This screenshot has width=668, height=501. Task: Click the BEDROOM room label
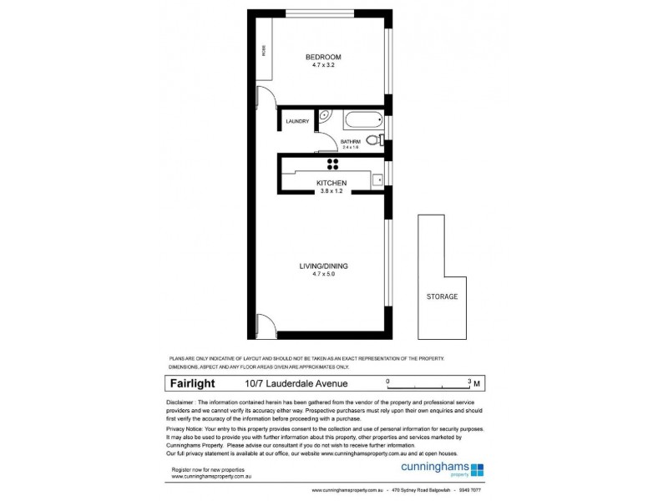(x=322, y=58)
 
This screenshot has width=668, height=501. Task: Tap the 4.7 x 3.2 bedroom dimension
(x=322, y=66)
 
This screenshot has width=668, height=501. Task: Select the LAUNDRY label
(x=297, y=122)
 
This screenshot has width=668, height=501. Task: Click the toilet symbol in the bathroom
(x=372, y=141)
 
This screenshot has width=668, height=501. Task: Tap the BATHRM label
(x=349, y=141)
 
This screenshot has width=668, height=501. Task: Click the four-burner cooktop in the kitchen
(x=331, y=164)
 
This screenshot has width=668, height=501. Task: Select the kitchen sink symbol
(x=377, y=178)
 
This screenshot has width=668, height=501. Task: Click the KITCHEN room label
(x=331, y=183)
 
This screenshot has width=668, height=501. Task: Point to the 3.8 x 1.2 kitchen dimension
(x=331, y=191)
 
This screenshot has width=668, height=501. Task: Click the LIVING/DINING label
(x=323, y=266)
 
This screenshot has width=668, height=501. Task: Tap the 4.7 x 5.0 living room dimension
(x=323, y=275)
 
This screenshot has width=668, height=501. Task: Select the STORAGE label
(x=442, y=296)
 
